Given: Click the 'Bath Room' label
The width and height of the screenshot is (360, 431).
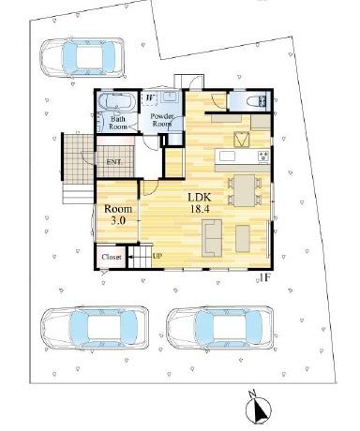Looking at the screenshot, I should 119,125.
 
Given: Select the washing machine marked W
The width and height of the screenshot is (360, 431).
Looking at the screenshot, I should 151,97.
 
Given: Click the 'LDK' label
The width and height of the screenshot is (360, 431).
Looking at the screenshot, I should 199,198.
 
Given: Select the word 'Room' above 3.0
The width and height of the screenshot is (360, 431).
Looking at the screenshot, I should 118,208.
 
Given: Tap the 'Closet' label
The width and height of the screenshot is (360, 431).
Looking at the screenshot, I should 111,256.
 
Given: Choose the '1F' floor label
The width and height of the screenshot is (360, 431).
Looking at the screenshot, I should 265,277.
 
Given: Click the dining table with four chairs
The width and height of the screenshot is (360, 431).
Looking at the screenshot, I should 242,189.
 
